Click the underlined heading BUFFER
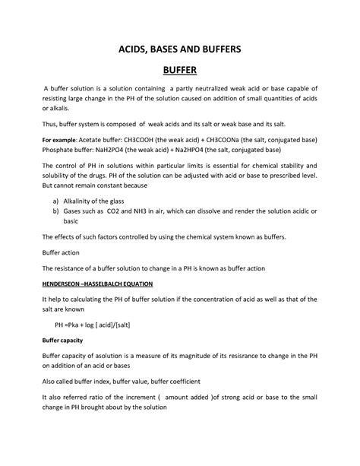click(179, 71)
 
